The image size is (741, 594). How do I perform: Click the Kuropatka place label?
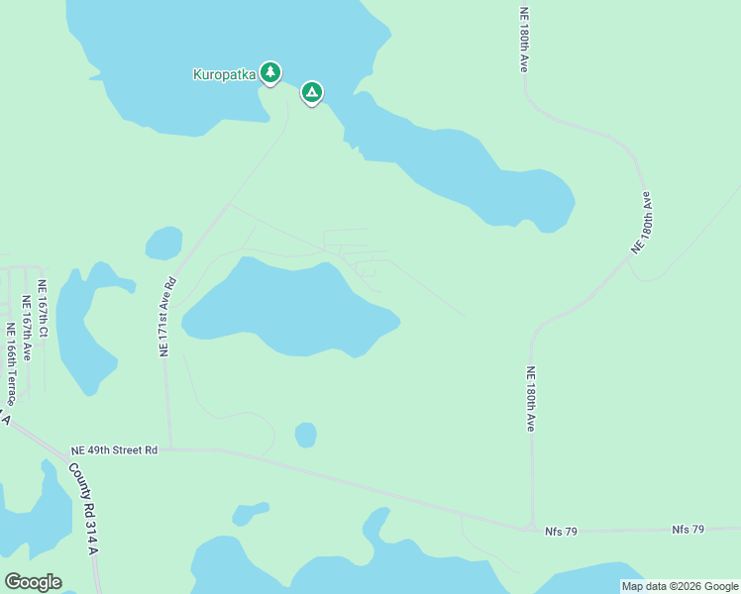click(224, 73)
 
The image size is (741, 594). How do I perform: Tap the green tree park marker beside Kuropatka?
click(270, 71)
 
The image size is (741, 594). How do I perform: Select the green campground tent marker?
click(312, 92)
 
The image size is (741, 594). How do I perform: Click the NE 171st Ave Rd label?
click(167, 317)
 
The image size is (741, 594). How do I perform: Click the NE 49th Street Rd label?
click(114, 449)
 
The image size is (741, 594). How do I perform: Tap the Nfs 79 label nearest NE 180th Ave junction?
click(561, 532)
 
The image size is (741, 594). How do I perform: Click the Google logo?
click(33, 581)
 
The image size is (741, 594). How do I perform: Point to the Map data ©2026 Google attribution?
click(680, 586)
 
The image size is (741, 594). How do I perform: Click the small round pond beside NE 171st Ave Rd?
click(164, 243)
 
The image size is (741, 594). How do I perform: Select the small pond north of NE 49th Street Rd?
click(305, 435)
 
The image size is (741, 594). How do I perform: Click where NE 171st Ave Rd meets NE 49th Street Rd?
click(170, 448)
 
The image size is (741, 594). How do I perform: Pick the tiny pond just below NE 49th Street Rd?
click(249, 513)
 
